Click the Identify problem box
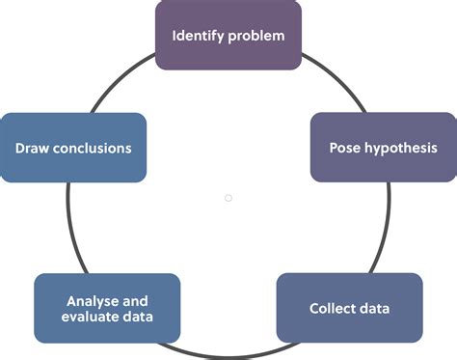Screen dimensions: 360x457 coord(228,36)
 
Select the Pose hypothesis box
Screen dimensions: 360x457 coord(383,148)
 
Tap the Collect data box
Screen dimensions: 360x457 coord(349,309)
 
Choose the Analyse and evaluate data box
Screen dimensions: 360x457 coord(107,309)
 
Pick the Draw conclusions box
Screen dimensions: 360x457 coord(73,148)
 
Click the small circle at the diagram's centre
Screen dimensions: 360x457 coord(228,198)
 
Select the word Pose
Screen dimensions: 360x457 coord(344,149)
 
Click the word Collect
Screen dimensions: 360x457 coord(332,309)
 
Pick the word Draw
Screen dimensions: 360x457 coord(32,149)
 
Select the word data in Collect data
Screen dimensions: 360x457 coord(374,309)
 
